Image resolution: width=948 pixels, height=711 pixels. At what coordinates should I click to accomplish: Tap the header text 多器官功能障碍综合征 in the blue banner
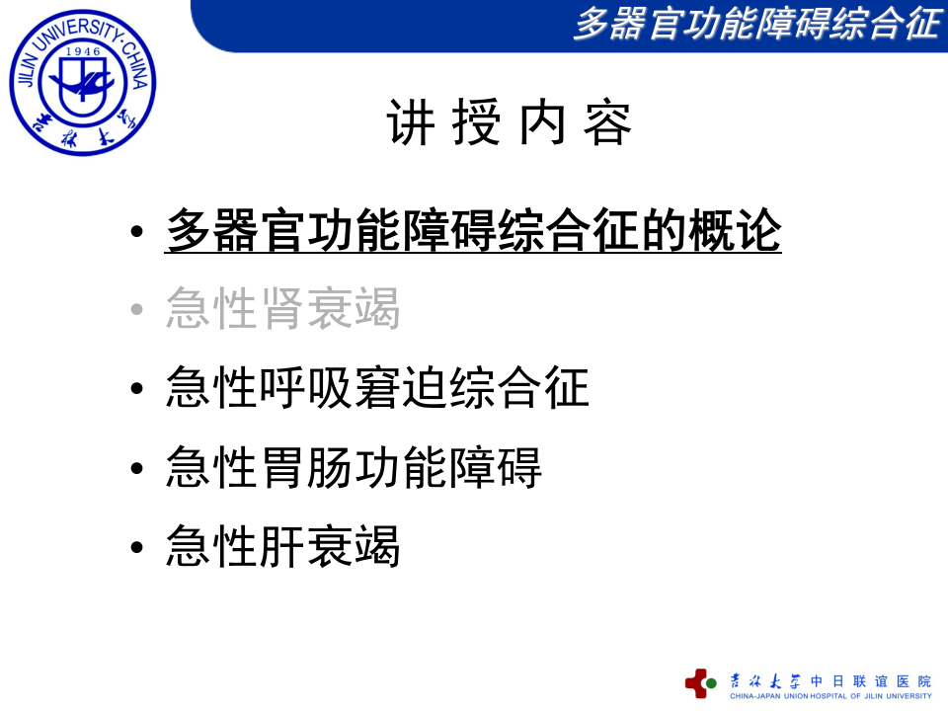click(755, 24)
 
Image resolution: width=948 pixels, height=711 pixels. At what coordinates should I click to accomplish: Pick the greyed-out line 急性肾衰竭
click(283, 309)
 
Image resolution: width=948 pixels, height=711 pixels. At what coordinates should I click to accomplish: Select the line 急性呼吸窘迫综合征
click(378, 388)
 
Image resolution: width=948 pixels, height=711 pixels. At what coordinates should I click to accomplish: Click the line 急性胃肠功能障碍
click(355, 467)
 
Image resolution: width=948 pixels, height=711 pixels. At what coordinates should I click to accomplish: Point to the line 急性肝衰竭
click(283, 546)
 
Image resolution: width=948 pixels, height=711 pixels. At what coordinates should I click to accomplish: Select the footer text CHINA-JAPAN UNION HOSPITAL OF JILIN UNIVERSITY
click(830, 696)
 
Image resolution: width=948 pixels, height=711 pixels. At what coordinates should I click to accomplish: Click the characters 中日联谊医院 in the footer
click(871, 680)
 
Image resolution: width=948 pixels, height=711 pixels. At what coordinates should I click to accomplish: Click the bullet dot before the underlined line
click(138, 234)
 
